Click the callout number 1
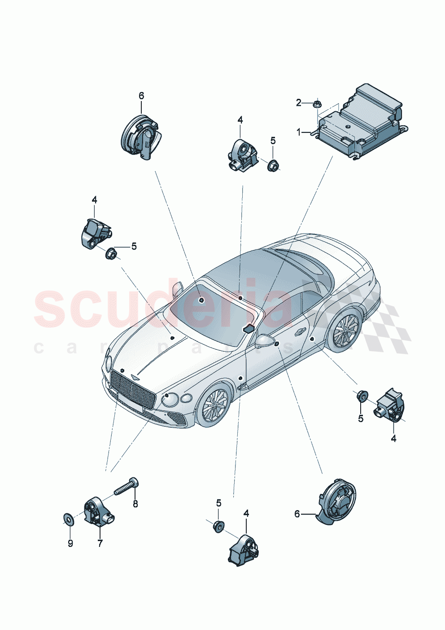tap(299, 132)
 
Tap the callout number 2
tap(299, 103)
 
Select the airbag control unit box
tap(362, 119)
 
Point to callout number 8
tap(135, 504)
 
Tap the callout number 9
tap(70, 543)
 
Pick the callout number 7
tap(100, 543)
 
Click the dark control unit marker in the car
tap(249, 329)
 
